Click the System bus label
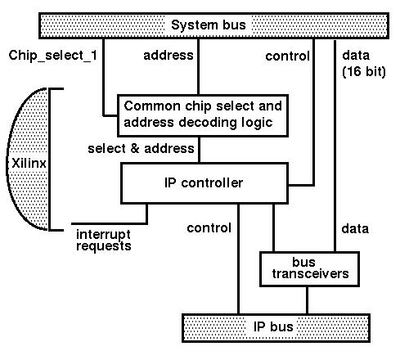209,25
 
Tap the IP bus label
273,326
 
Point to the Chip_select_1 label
53,56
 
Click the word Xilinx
29,164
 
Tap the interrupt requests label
104,241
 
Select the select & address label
141,149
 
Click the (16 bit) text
364,71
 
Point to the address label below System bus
169,56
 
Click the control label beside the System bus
287,56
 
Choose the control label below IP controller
209,228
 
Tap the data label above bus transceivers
355,228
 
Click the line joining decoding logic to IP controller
199,150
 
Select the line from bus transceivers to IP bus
307,300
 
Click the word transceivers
310,274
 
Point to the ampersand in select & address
135,149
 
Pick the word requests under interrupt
104,246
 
